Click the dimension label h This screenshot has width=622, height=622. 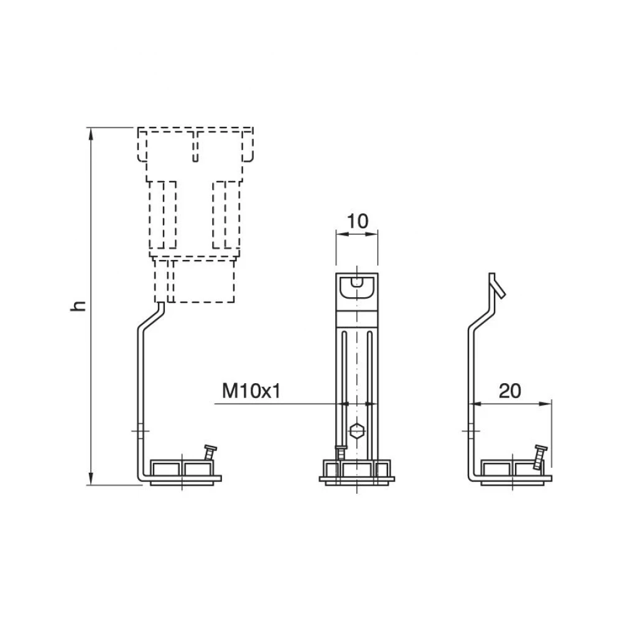point(78,305)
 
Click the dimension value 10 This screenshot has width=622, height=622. point(358,221)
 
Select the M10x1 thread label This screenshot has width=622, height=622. point(251,391)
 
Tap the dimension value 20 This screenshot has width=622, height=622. point(510,391)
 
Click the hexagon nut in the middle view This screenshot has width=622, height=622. point(357,430)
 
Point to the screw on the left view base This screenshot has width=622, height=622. point(210,452)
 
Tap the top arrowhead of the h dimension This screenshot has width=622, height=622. point(91,134)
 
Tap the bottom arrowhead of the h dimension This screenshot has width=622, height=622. point(91,479)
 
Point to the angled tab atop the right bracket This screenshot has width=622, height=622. point(496,285)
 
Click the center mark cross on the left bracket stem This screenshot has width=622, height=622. point(141,430)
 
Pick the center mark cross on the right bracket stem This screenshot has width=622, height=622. point(471,430)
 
